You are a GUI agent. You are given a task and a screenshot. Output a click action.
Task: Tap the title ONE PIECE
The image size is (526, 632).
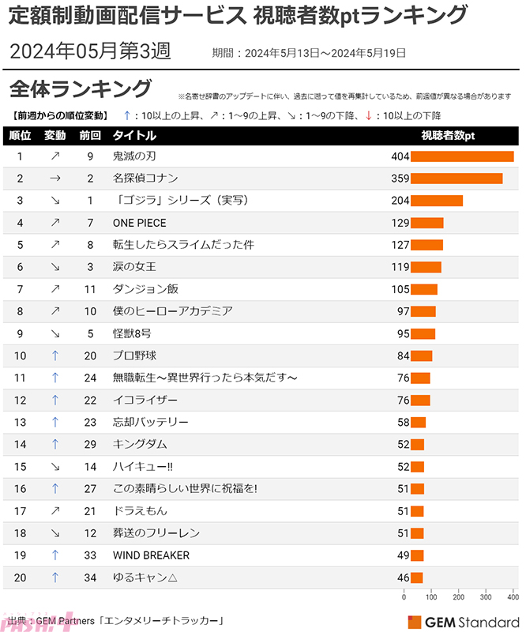point(140,223)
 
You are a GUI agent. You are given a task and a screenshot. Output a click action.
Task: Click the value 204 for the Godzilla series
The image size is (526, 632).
point(400,201)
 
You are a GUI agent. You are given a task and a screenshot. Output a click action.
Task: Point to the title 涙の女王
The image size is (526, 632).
point(134,267)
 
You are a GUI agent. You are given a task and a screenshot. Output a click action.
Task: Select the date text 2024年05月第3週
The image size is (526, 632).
point(90,52)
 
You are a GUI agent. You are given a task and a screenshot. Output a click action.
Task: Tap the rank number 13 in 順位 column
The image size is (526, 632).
point(21,422)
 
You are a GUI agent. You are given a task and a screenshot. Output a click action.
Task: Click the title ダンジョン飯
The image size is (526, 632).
point(145,289)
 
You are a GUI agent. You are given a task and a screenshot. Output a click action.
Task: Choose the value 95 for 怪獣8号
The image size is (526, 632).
point(403,333)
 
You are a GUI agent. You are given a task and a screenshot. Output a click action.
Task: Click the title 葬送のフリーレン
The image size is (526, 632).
point(156,533)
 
